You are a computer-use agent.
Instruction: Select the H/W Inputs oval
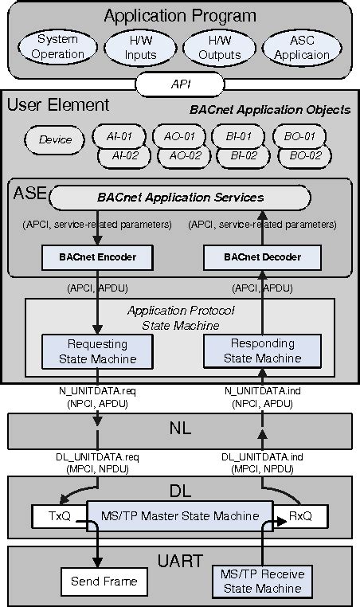point(141,47)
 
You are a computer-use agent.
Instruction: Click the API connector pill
point(181,82)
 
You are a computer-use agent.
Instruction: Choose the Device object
point(55,139)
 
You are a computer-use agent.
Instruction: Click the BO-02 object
point(303,155)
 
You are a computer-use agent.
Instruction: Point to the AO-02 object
point(184,155)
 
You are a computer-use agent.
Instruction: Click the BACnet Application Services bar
point(180,196)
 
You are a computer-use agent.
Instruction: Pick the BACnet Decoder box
point(263,257)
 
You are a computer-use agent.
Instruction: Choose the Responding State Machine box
point(262,350)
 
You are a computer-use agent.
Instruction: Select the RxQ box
point(300,516)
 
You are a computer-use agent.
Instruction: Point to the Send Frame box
point(99,581)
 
